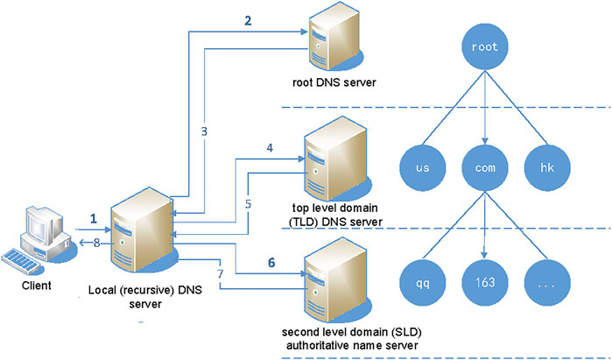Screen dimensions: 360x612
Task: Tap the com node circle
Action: click(484, 165)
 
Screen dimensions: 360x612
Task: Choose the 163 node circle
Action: click(484, 282)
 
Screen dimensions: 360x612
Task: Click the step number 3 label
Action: click(202, 131)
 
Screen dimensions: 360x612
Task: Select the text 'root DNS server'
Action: click(331, 85)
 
